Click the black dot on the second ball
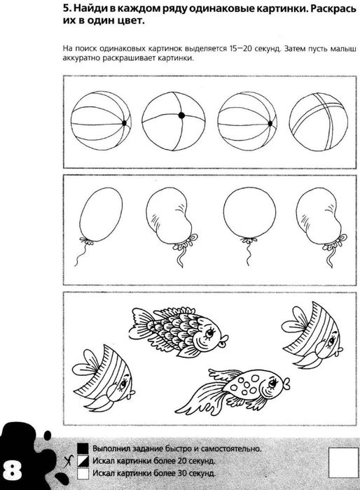pos(181,115)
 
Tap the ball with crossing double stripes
pos(319,122)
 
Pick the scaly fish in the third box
pos(179,332)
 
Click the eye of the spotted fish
pos(272,382)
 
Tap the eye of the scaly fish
pos(209,333)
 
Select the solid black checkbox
pos(83,448)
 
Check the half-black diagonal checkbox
pos(83,461)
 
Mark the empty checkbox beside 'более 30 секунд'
pos(83,473)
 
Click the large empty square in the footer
pos(343,463)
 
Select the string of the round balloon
pos(249,254)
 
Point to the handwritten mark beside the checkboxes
pos(69,461)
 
